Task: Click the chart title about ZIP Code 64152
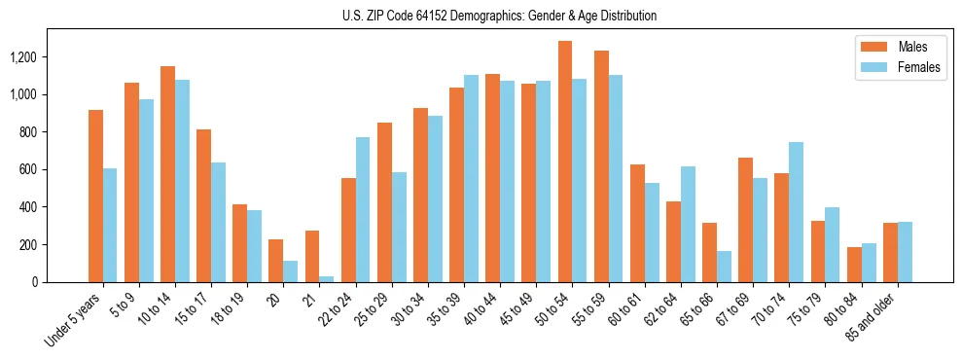point(499,16)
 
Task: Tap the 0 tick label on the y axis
point(34,282)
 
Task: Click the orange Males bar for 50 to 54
point(565,162)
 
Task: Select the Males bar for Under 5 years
point(95,196)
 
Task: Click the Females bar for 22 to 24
point(363,209)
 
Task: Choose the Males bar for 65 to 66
point(710,252)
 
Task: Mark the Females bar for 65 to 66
point(724,267)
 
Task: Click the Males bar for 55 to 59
point(601,166)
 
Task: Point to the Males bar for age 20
point(276,261)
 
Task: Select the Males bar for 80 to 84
point(854,265)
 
